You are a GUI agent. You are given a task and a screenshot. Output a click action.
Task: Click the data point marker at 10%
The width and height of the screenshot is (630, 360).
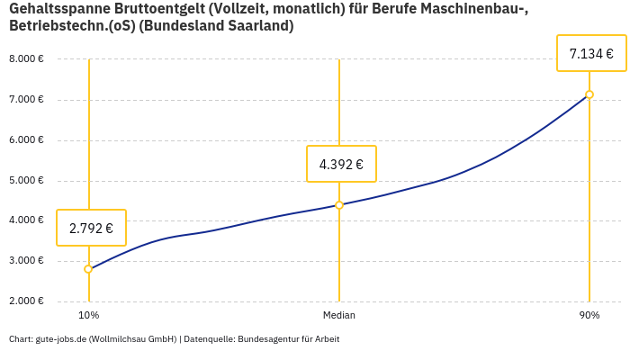pos(88,269)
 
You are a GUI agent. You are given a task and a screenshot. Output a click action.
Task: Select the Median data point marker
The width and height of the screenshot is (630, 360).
pos(339,205)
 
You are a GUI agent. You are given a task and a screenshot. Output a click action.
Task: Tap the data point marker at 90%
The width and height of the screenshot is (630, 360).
pos(589,94)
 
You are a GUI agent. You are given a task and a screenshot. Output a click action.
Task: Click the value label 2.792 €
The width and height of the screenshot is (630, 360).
pos(91,228)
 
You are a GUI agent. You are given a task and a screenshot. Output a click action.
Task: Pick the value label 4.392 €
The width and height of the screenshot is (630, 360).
pos(341,164)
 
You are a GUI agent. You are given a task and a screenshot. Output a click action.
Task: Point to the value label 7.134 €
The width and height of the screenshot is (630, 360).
pos(591,54)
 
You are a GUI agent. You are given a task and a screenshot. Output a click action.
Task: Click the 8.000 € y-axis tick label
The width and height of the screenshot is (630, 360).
pos(26,59)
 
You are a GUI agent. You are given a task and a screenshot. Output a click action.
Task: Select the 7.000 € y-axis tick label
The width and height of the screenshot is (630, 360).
pos(26,100)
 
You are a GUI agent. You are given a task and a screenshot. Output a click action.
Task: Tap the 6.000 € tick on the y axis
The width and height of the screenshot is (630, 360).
pos(26,140)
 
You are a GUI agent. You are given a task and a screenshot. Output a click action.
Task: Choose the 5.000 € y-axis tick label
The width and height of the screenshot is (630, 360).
pos(26,181)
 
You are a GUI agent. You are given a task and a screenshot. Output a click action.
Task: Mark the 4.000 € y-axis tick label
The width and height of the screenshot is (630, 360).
pos(26,220)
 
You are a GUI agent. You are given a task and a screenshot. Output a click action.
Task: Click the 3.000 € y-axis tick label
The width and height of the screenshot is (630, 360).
pos(26,261)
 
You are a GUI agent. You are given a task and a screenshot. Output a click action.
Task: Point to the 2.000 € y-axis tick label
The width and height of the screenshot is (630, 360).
pos(26,301)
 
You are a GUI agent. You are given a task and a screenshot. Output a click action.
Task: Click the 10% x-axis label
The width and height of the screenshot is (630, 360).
pos(88,316)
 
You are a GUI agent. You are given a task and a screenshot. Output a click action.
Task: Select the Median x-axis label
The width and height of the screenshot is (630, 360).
pos(339,316)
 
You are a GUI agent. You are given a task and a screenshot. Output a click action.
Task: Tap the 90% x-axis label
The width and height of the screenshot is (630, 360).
pos(589,316)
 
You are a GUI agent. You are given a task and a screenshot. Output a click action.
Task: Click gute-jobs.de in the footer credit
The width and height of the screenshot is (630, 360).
pos(60,339)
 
